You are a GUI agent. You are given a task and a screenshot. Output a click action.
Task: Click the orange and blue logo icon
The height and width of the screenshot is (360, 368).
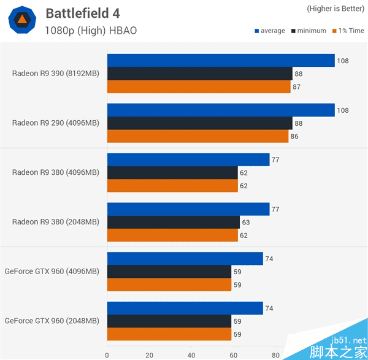point(21,21)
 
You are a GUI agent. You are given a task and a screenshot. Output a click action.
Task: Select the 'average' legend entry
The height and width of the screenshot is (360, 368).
point(269,31)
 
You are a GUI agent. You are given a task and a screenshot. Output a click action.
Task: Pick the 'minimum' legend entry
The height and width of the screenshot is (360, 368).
point(310,31)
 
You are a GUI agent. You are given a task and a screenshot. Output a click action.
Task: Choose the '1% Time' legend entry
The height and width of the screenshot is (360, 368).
point(348,31)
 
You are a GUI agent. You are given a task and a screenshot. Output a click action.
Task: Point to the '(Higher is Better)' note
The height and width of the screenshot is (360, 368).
point(335,9)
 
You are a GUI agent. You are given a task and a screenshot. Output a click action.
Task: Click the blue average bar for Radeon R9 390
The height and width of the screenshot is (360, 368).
point(221,60)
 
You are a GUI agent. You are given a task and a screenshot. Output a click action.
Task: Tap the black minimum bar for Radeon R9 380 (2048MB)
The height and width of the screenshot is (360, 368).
point(173,222)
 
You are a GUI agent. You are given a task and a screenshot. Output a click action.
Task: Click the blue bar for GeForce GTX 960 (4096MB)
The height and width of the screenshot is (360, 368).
point(185,259)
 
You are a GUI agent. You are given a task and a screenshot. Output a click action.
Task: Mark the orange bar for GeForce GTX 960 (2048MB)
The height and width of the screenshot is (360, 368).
point(169,334)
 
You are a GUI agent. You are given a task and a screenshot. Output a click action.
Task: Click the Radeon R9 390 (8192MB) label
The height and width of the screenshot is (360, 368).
point(55,74)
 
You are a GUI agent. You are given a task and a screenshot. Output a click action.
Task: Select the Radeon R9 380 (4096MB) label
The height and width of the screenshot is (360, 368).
point(55,172)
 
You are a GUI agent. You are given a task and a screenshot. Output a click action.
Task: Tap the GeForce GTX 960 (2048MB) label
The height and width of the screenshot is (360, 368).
point(52,321)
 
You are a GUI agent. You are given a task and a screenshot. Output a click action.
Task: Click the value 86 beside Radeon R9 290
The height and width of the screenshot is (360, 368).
point(294,136)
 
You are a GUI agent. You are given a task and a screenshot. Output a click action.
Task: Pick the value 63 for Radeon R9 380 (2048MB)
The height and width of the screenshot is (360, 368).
point(247,222)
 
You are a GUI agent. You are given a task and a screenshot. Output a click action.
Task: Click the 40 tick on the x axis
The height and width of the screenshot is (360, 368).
point(191,354)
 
